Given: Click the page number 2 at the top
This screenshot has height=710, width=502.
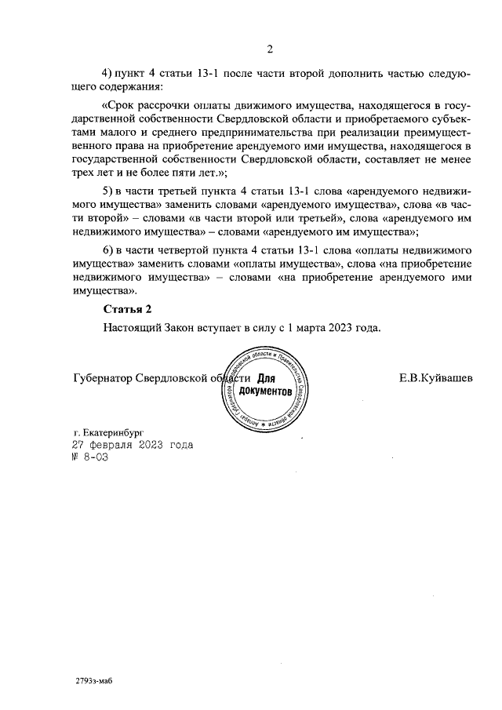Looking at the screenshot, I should [269, 50].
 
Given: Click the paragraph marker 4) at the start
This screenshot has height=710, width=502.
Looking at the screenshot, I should [108, 73].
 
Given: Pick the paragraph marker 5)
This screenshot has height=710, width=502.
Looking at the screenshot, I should [108, 191].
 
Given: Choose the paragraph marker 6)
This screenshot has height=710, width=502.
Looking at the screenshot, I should [108, 249].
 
